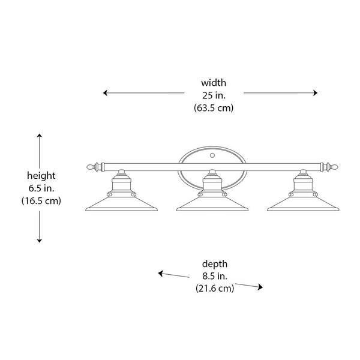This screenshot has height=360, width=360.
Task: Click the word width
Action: (214, 82)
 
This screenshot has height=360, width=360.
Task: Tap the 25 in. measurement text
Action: (214, 95)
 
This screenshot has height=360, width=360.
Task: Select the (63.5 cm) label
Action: (214, 108)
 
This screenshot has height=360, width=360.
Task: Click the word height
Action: (41, 175)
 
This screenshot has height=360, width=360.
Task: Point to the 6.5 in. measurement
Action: (41, 188)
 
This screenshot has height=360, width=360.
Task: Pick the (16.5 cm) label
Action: (41, 201)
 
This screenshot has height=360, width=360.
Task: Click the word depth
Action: (214, 263)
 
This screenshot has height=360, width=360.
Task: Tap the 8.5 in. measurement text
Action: (214, 276)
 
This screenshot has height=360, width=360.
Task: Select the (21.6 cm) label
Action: (214, 289)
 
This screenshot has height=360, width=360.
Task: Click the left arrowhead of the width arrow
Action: (106, 93)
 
